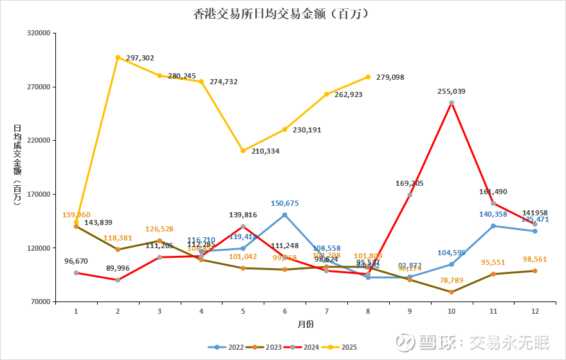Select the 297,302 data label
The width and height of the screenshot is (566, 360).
(x=140, y=58)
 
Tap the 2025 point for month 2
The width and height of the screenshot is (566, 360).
(x=118, y=57)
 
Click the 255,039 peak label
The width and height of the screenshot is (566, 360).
(x=452, y=91)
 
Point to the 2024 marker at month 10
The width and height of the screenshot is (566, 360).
(x=452, y=103)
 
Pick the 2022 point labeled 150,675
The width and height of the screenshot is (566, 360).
(x=284, y=215)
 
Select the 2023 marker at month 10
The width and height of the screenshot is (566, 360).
(x=452, y=292)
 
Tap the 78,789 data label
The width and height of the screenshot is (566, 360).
(x=452, y=280)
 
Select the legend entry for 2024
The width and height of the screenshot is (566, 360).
(x=302, y=347)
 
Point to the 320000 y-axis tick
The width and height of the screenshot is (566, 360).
(x=39, y=33)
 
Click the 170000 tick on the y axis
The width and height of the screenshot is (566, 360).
(x=39, y=194)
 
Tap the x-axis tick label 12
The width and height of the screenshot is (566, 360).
(x=535, y=311)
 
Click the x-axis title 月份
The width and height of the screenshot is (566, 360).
(x=306, y=322)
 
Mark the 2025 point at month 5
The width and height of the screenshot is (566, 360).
(x=243, y=150)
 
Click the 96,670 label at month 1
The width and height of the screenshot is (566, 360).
(x=77, y=262)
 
